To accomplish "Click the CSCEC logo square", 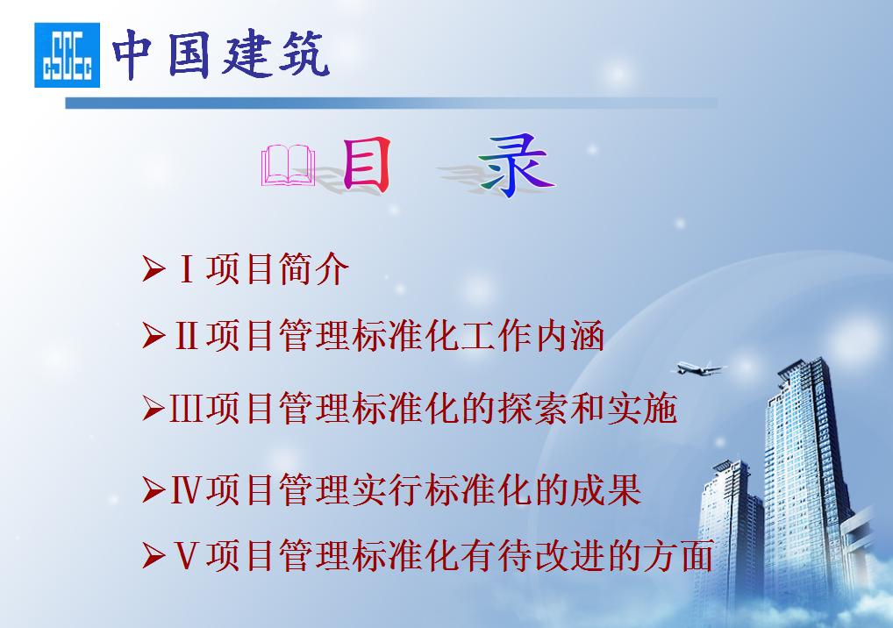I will click(68, 55).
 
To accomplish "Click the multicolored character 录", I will click(516, 164).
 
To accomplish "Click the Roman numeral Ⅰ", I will click(186, 270).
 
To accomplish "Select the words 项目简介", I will click(277, 270).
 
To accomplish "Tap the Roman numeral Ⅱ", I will click(186, 336).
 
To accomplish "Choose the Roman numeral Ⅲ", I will click(186, 409).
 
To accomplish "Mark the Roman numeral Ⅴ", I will click(186, 556).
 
